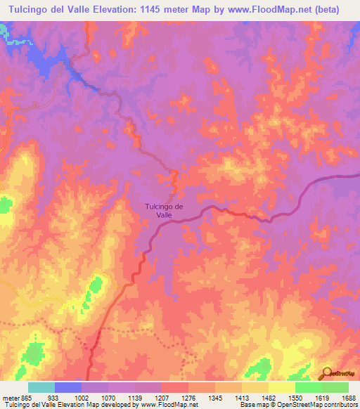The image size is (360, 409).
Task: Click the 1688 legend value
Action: pyautogui.click(x=347, y=398)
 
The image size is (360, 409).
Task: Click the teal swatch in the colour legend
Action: pyautogui.click(x=41, y=387)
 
